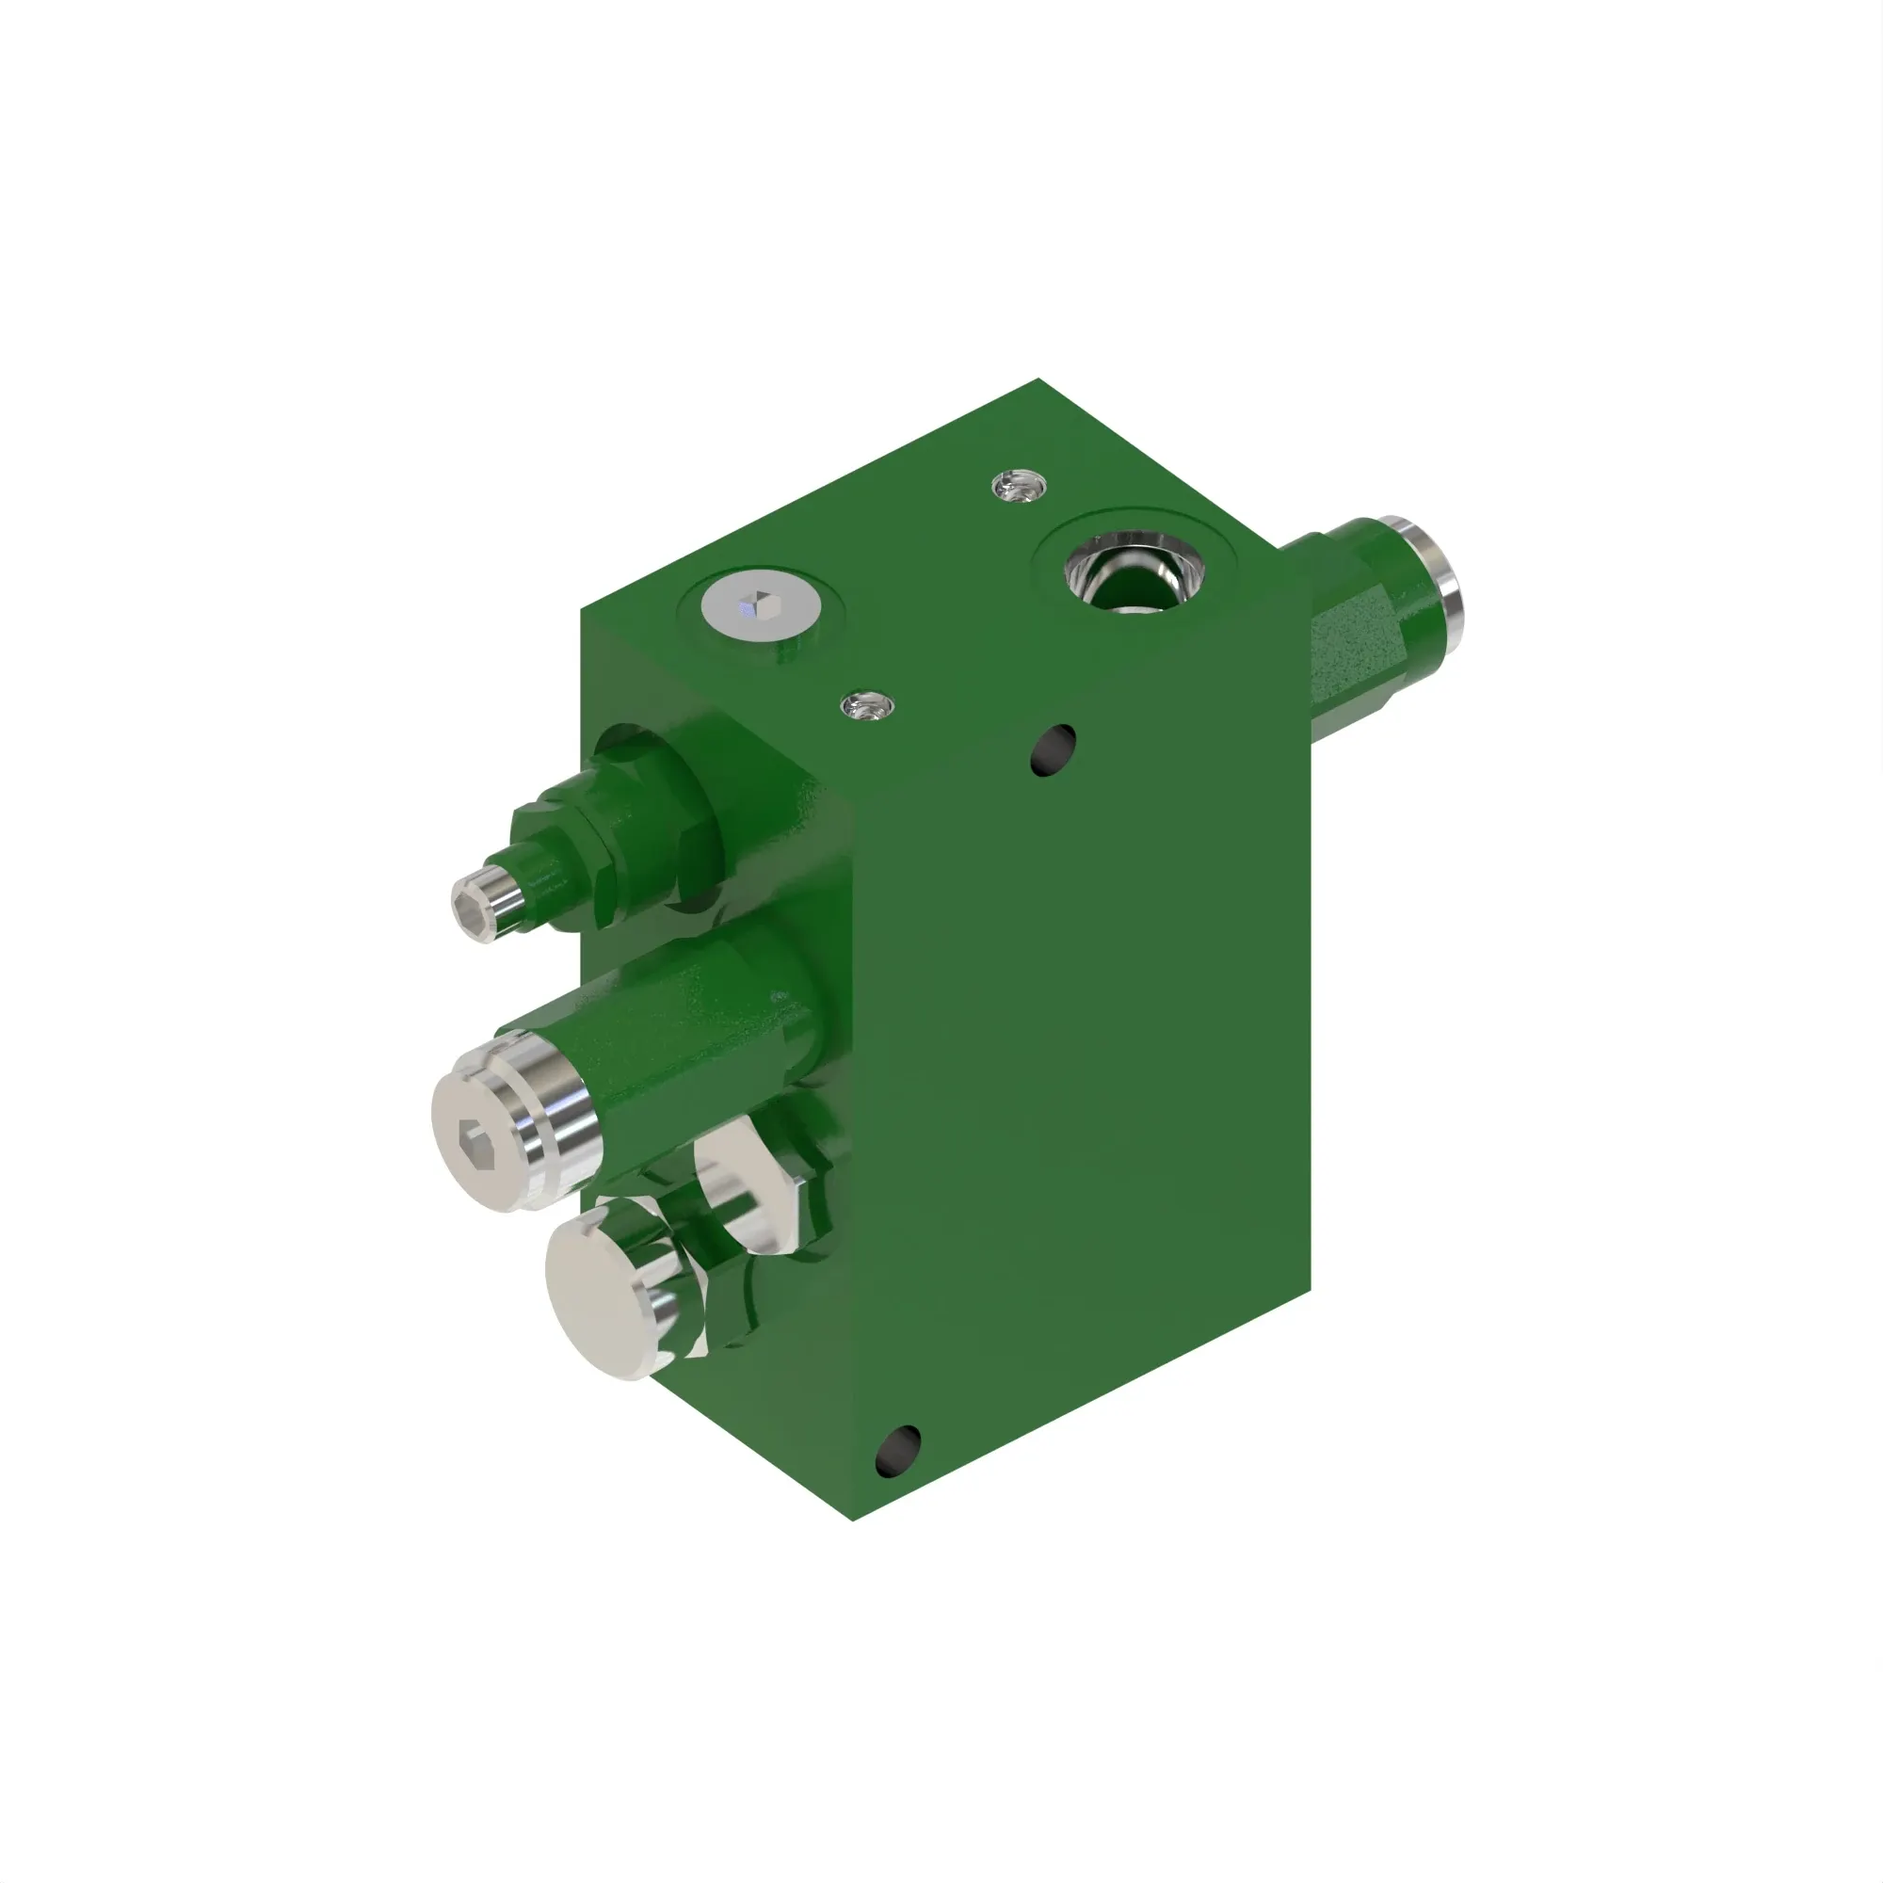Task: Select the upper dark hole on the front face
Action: click(1052, 749)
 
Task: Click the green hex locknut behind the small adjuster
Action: click(585, 858)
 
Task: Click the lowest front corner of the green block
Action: click(853, 1521)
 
